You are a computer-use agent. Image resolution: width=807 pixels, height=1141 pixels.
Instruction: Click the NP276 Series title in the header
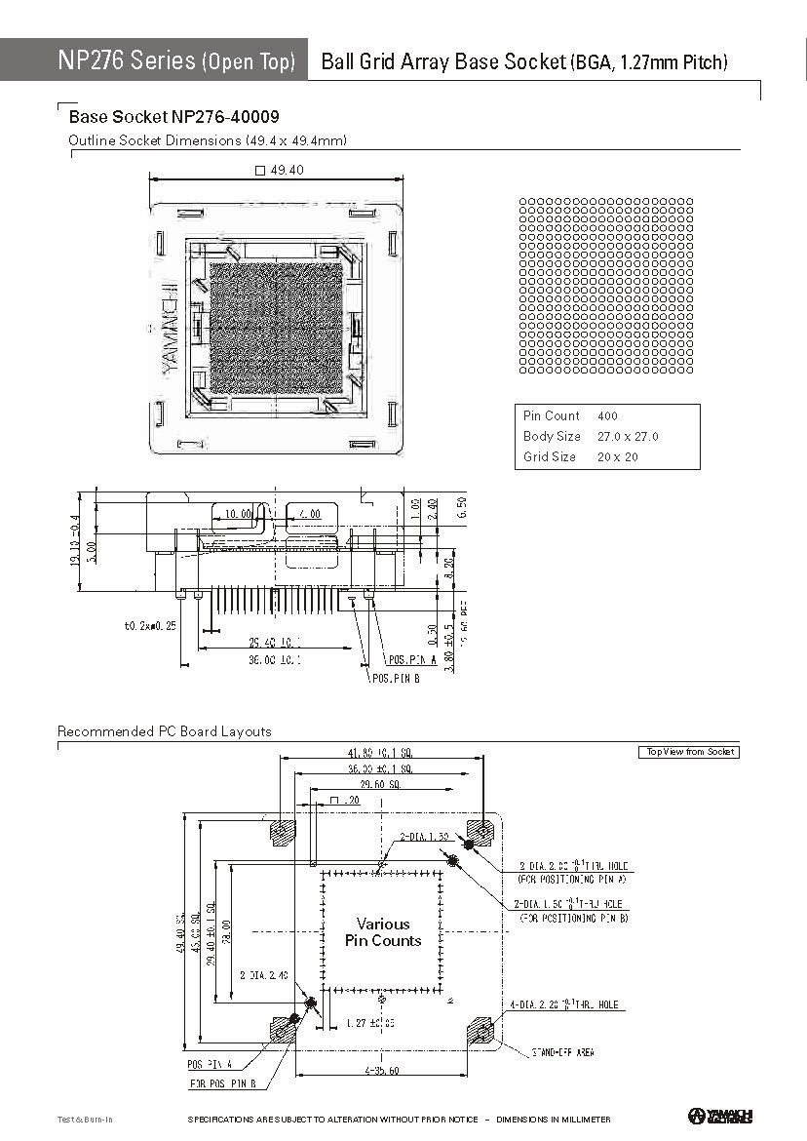[127, 60]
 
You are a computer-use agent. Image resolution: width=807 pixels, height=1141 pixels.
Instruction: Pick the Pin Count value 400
[607, 415]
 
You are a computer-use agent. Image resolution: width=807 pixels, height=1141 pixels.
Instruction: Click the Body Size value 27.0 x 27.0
[628, 436]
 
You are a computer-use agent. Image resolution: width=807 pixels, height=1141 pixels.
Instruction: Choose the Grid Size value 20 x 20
[618, 456]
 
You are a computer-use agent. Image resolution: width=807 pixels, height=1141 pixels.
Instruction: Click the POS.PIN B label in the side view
[395, 679]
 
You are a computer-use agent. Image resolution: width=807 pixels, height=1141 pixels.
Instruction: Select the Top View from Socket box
[688, 752]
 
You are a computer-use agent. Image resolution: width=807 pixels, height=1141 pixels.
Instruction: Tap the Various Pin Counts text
[383, 932]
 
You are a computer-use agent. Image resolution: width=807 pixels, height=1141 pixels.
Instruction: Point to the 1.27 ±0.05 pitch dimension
[370, 1023]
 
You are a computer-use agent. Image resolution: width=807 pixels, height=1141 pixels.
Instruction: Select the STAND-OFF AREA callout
[562, 1052]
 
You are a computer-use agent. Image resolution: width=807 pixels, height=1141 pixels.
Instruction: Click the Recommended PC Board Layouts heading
[164, 731]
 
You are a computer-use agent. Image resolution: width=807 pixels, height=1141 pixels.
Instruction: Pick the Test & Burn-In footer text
[85, 1119]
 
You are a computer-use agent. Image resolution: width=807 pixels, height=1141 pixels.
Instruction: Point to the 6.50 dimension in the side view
[462, 507]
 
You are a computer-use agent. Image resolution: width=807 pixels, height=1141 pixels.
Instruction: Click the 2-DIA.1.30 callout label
[424, 837]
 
